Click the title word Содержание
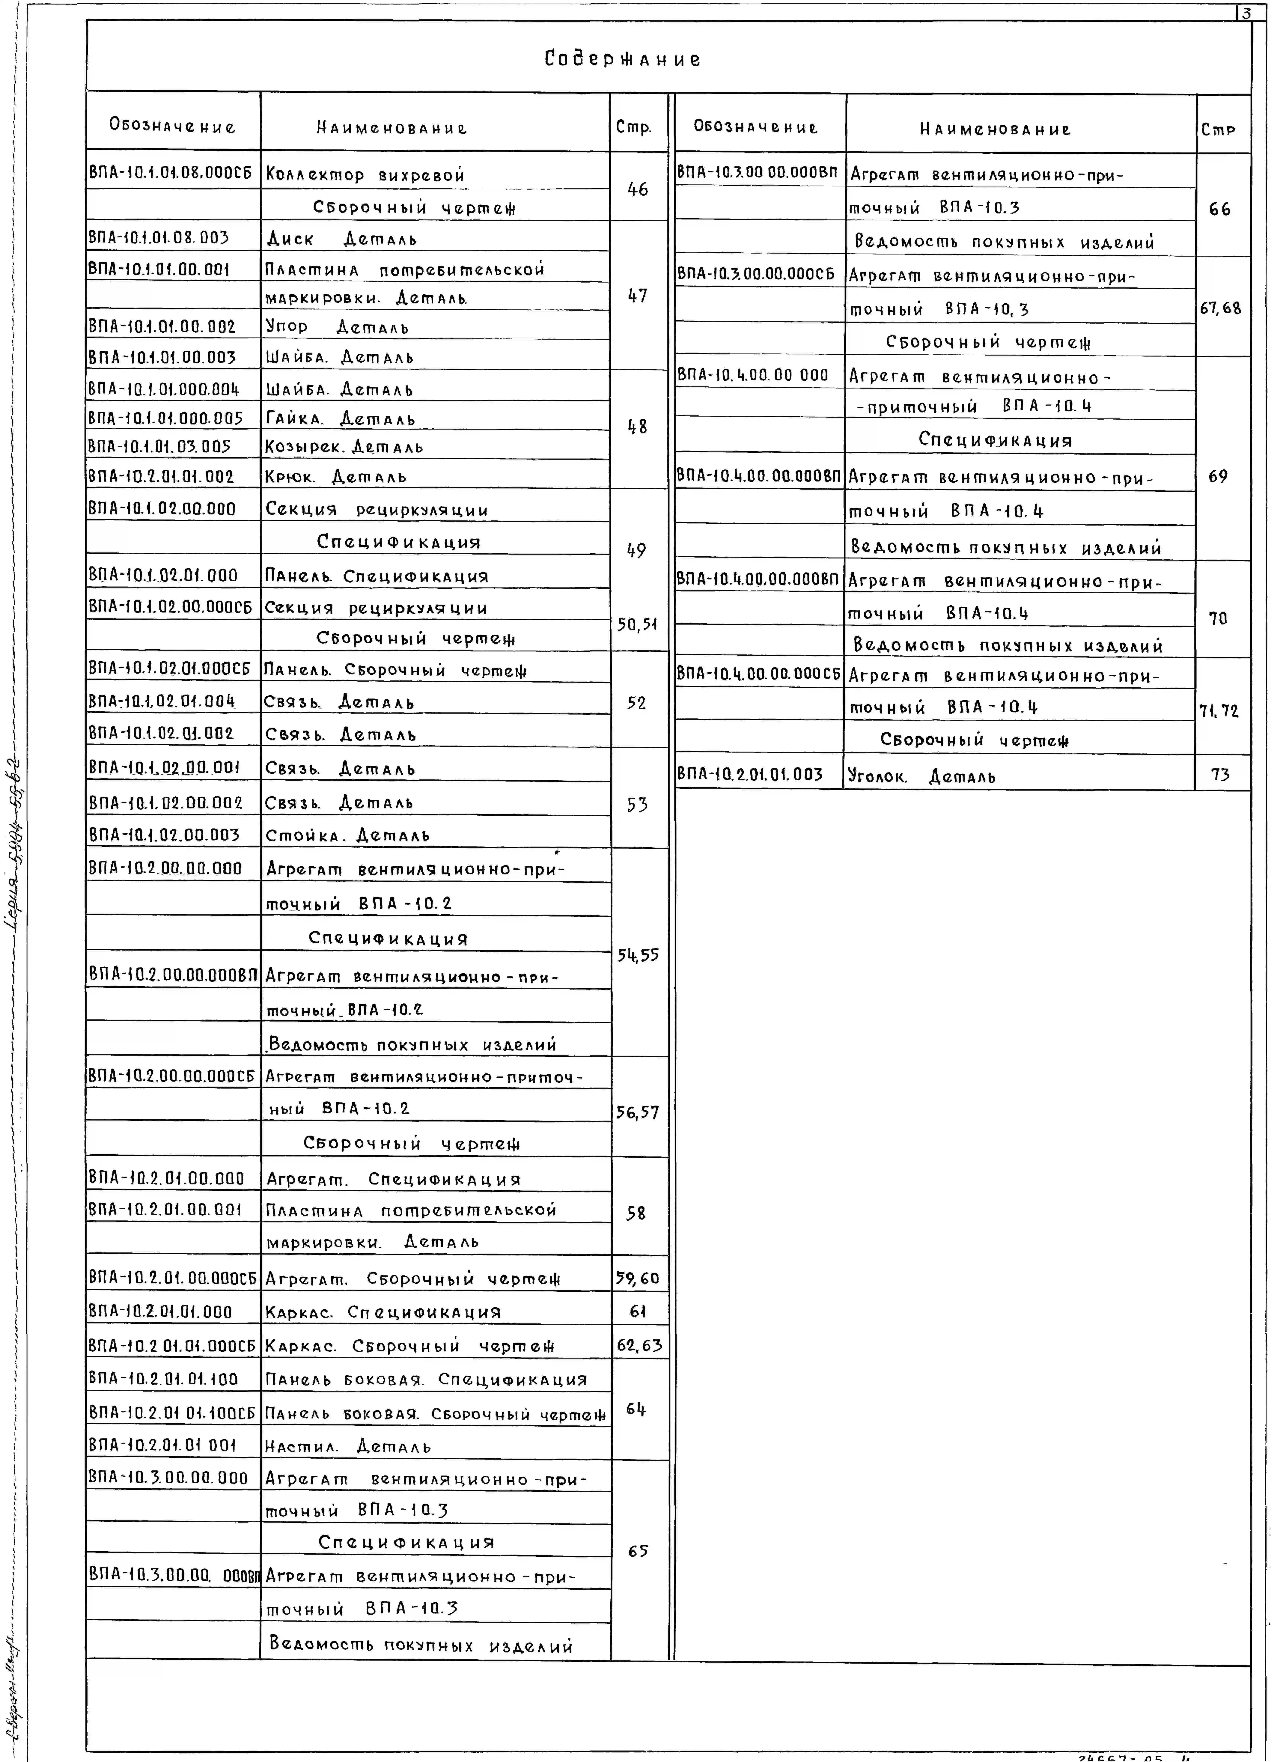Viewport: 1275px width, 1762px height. (622, 59)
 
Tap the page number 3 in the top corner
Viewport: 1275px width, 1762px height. (1246, 12)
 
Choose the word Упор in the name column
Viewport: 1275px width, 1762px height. (287, 327)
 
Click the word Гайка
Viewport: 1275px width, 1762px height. (293, 419)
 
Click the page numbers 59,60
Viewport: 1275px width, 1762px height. (637, 1278)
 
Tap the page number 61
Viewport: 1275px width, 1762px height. (637, 1311)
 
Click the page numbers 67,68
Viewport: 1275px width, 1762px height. (1221, 309)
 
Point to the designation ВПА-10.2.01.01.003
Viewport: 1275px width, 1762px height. (750, 774)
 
